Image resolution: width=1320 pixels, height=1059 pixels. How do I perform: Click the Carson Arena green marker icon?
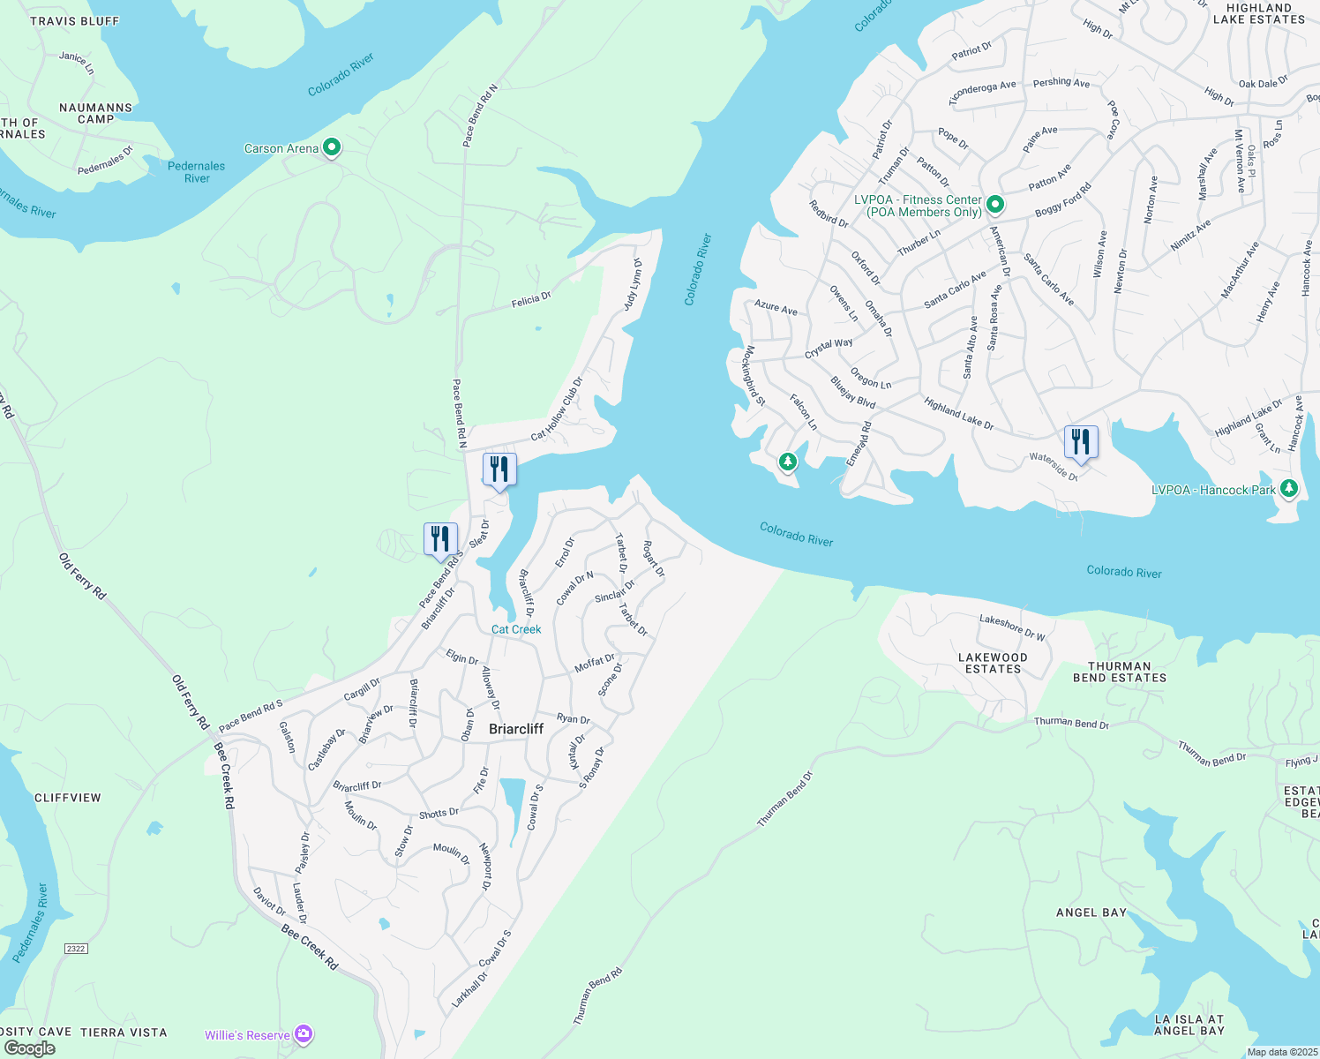[x=332, y=147]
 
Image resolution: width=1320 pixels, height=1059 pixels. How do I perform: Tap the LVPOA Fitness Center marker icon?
[x=995, y=205]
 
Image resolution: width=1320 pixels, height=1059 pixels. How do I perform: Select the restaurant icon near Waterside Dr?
[x=1081, y=442]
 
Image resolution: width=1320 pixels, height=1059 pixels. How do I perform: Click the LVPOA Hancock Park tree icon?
[x=1289, y=487]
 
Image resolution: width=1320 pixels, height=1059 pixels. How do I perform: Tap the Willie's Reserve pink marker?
[x=304, y=1033]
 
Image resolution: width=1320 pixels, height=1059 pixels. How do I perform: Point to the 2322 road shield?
[x=76, y=949]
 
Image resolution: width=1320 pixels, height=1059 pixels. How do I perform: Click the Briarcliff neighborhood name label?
[x=516, y=729]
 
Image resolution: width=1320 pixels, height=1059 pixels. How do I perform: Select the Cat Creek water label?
[x=516, y=629]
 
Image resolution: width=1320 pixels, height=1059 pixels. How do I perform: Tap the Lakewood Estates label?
[x=993, y=663]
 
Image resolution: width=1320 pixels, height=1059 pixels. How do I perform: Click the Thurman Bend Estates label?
[x=1120, y=672]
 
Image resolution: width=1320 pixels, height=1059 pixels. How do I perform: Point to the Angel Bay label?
[x=1091, y=913]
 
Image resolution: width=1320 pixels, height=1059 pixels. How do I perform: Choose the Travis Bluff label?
[x=75, y=20]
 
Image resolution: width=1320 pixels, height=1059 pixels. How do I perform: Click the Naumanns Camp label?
[x=96, y=113]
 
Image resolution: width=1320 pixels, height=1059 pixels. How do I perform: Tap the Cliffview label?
[x=68, y=798]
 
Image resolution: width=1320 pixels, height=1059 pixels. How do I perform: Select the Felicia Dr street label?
[x=531, y=300]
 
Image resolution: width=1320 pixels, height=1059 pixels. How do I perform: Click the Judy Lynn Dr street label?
[x=631, y=284]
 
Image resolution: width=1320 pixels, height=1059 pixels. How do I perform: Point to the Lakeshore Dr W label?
[x=1012, y=627]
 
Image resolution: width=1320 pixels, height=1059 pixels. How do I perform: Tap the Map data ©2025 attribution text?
[x=1280, y=1052]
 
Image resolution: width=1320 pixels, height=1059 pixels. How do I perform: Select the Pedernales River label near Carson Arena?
[x=197, y=172]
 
